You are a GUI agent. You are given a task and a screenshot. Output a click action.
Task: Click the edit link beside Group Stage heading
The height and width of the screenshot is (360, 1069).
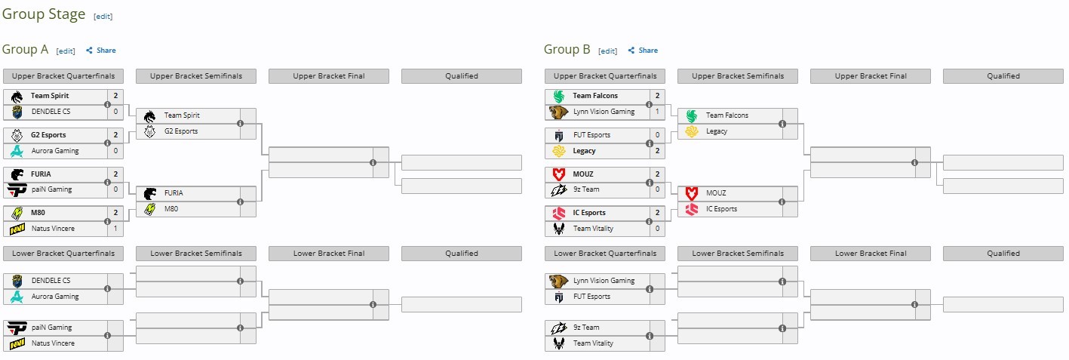pyautogui.click(x=103, y=17)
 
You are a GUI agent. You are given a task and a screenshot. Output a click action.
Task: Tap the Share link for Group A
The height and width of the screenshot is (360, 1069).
pyautogui.click(x=100, y=50)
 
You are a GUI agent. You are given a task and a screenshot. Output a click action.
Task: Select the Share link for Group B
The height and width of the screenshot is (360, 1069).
pyautogui.click(x=643, y=50)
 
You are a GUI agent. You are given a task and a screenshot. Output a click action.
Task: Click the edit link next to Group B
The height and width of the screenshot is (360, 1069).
pyautogui.click(x=607, y=51)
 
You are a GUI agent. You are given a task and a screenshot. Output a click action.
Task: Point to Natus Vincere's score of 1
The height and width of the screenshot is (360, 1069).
pyautogui.click(x=115, y=228)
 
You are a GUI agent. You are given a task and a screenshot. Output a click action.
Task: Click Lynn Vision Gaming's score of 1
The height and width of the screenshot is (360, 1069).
pyautogui.click(x=657, y=111)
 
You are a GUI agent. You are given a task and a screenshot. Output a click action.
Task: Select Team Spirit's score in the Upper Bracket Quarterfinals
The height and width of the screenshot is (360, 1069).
pyautogui.click(x=115, y=96)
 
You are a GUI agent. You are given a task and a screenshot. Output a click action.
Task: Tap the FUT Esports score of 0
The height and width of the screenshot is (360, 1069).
pyautogui.click(x=657, y=134)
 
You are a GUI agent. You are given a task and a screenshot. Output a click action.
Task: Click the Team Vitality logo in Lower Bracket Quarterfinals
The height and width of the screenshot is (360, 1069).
pyautogui.click(x=559, y=343)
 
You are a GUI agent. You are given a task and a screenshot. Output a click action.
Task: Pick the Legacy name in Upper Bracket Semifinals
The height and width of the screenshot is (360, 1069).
pyautogui.click(x=717, y=131)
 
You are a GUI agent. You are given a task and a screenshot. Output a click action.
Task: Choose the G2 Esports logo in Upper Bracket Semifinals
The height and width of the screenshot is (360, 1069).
pyautogui.click(x=150, y=131)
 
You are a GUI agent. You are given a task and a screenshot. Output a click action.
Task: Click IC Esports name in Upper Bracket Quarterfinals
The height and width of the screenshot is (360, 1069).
pyautogui.click(x=589, y=213)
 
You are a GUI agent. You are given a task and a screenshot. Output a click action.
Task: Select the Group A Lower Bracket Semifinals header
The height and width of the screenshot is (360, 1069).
pyautogui.click(x=196, y=254)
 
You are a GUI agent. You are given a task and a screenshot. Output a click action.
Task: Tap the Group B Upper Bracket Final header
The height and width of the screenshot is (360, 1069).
pyautogui.click(x=871, y=76)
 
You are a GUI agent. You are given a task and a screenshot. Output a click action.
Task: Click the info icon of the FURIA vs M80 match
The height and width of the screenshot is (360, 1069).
pyautogui.click(x=240, y=202)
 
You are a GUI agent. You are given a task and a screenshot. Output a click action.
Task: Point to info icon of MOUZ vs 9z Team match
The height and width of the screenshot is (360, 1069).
pyautogui.click(x=649, y=183)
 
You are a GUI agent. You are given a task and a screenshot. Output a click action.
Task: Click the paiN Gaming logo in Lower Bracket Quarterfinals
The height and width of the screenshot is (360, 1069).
pyautogui.click(x=17, y=328)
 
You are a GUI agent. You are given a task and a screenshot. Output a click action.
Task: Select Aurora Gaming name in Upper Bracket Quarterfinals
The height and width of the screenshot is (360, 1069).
pyautogui.click(x=55, y=151)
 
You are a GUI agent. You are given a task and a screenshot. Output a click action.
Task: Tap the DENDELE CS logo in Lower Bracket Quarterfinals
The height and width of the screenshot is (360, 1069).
pyautogui.click(x=17, y=281)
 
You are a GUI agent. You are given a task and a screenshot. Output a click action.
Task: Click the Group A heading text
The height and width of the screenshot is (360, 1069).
pyautogui.click(x=26, y=49)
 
